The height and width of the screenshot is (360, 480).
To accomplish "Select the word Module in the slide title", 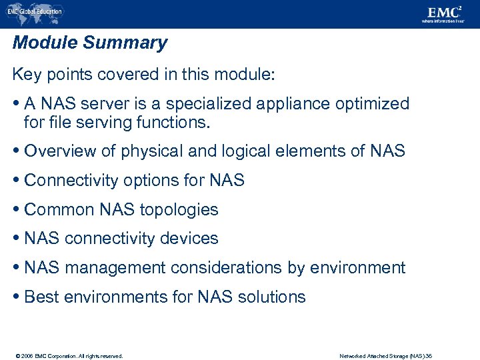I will (x=45, y=43).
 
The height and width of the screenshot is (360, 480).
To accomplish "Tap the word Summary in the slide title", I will (x=125, y=43).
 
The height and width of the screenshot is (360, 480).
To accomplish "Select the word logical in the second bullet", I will (x=243, y=151).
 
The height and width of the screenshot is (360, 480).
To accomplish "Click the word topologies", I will (x=178, y=209).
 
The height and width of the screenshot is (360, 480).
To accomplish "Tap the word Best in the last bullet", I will (x=41, y=297).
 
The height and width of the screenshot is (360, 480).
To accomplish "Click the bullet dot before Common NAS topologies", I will (x=17, y=209).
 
